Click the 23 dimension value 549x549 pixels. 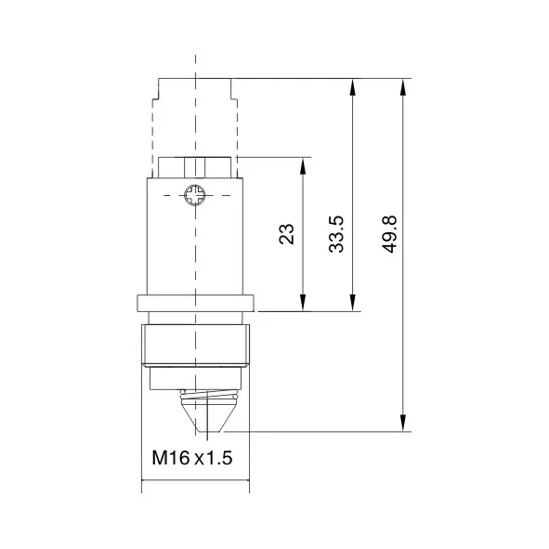(x=286, y=233)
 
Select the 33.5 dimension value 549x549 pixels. (x=336, y=234)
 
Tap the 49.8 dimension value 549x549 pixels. (x=389, y=233)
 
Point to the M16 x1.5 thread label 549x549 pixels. (x=192, y=458)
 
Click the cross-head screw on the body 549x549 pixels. (x=195, y=195)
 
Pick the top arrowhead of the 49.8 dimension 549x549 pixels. (x=403, y=87)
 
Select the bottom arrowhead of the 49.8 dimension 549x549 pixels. (x=403, y=423)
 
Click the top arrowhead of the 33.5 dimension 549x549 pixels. (x=353, y=87)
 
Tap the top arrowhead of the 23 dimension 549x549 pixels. (x=303, y=166)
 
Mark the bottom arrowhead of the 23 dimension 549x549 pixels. (x=303, y=302)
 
